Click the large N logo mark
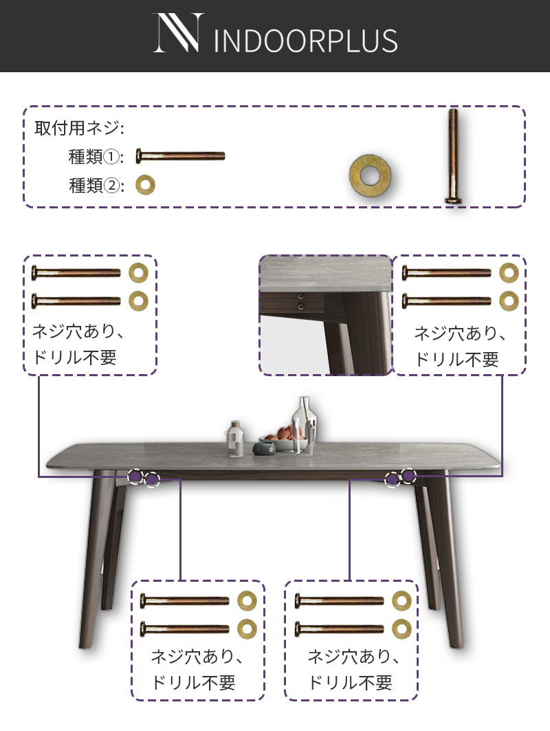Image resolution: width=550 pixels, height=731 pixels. tap(179, 32)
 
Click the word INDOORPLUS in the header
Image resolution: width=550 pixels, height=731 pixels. tap(306, 41)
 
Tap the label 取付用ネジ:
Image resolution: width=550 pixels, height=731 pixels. tap(79, 128)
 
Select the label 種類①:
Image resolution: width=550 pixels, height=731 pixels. tap(96, 157)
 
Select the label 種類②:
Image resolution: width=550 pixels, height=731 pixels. tap(96, 186)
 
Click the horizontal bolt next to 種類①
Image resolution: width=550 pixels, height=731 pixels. tap(180, 156)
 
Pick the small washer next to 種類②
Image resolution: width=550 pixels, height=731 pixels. tap(146, 185)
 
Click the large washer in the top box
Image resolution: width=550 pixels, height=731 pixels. tap(371, 176)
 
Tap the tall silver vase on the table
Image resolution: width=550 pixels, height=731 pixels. tap(305, 425)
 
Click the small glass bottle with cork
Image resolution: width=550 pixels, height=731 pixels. tap(235, 439)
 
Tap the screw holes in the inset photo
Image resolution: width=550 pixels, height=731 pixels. tap(301, 301)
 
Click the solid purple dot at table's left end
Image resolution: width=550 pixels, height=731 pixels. tap(135, 475)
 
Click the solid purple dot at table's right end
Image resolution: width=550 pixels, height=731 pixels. tap(409, 475)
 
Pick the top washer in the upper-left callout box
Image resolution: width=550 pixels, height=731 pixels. tap(138, 273)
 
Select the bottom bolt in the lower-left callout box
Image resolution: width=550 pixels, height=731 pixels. tap(184, 629)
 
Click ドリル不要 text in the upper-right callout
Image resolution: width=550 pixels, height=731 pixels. tap(456, 360)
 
